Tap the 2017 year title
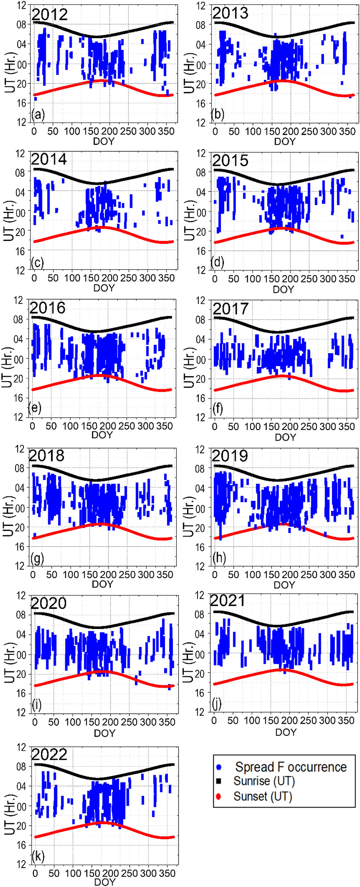coord(230,309)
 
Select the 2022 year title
coord(49,755)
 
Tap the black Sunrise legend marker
coord(218,781)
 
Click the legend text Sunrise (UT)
coord(264,781)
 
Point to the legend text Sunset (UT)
coord(262,796)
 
